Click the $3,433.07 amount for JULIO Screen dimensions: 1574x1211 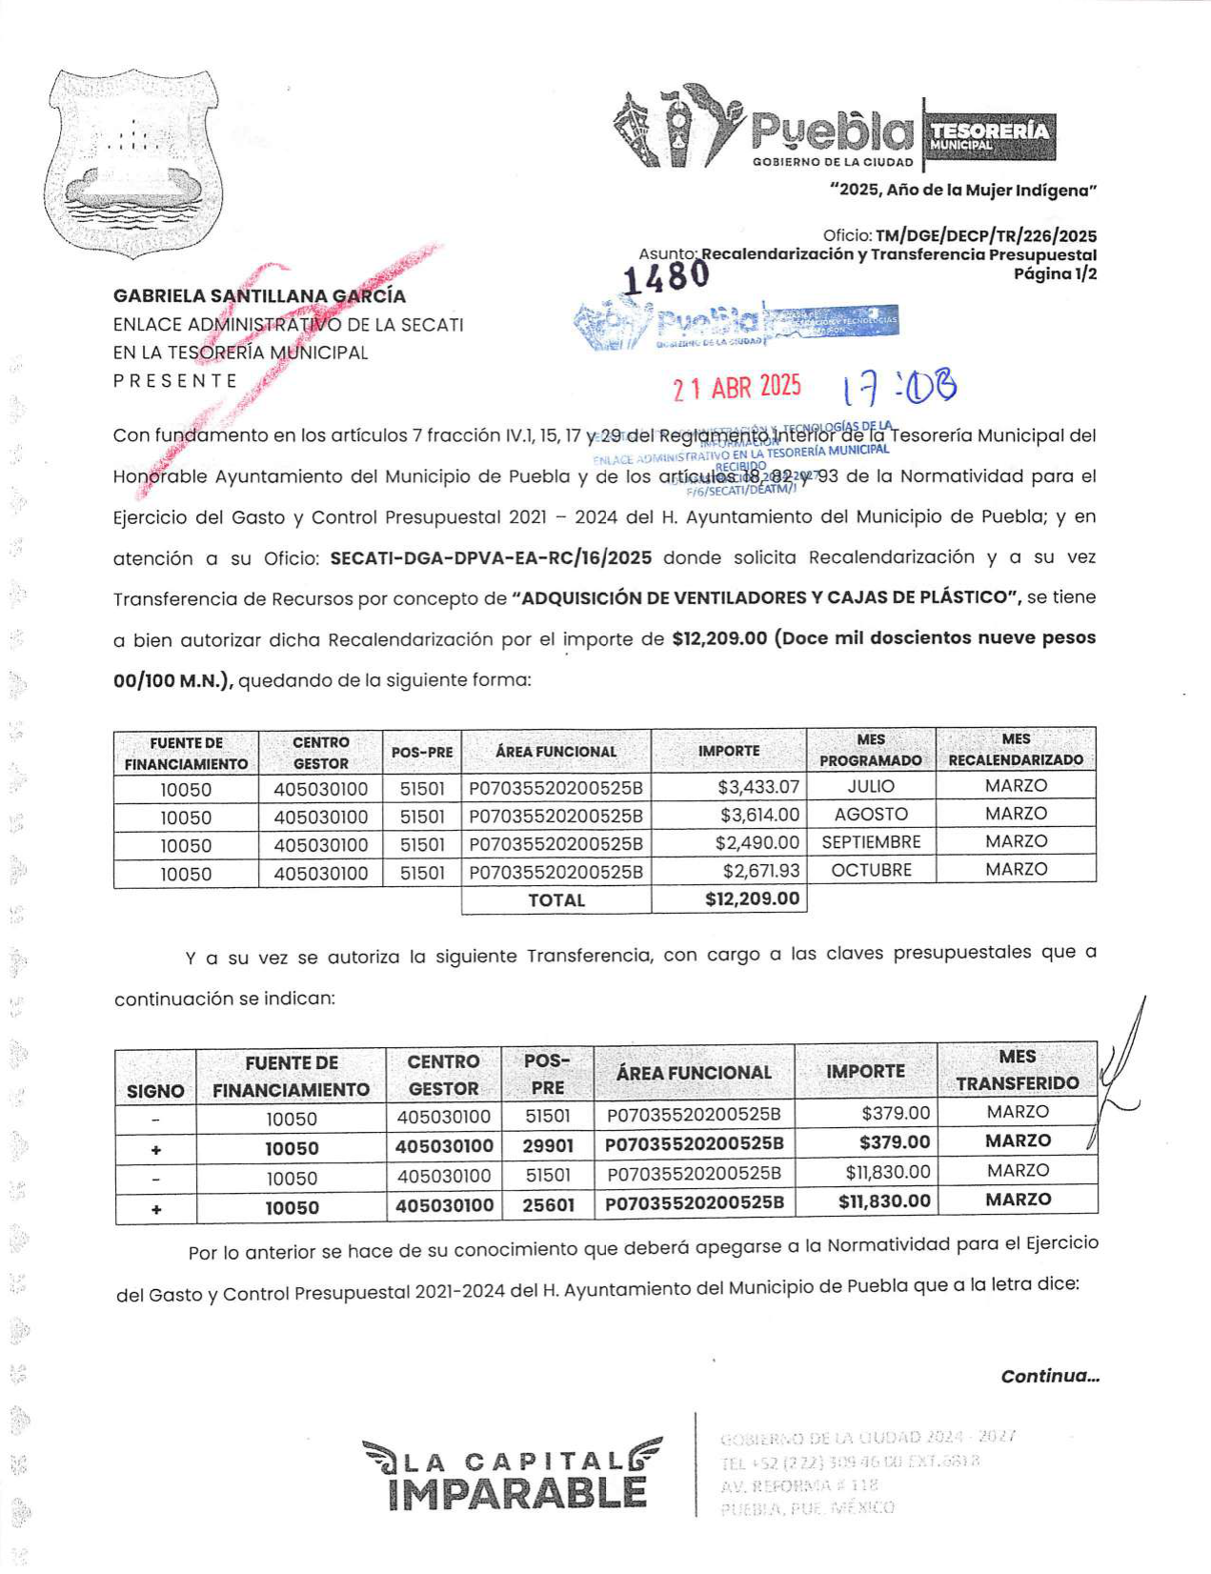758,787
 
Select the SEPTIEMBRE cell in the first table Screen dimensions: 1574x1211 871,842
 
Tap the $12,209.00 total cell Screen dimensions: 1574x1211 752,899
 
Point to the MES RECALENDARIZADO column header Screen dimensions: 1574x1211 1016,750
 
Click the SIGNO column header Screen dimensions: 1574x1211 155,1092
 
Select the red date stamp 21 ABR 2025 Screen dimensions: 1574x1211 737,387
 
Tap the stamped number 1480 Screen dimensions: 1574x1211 666,277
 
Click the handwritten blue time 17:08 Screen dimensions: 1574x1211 899,387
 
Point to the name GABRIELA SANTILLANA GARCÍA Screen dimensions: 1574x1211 259,296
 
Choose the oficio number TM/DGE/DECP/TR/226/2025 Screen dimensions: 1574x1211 985,236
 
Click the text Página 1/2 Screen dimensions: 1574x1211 1055,274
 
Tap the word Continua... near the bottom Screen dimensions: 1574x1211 1050,1376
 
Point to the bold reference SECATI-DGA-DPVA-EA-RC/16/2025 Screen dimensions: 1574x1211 491,558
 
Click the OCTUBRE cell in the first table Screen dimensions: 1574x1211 871,870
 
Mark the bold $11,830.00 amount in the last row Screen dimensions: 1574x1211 883,1201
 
